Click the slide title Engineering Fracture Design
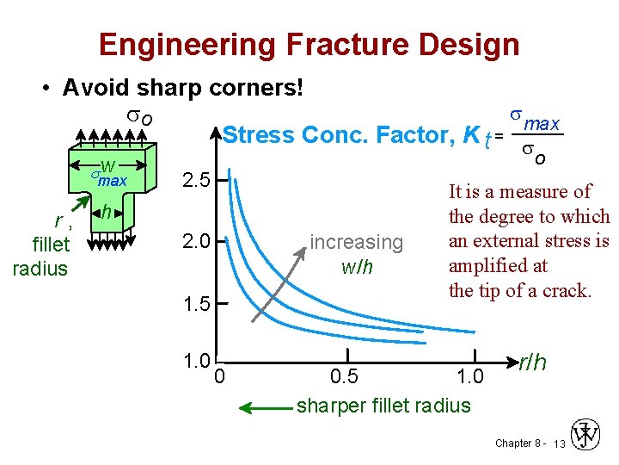(309, 44)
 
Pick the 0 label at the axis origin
(220, 375)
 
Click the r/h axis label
(532, 363)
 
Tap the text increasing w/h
(356, 254)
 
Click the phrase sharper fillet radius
(383, 406)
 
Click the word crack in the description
(564, 290)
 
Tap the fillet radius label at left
(40, 257)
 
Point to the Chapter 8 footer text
(518, 443)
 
